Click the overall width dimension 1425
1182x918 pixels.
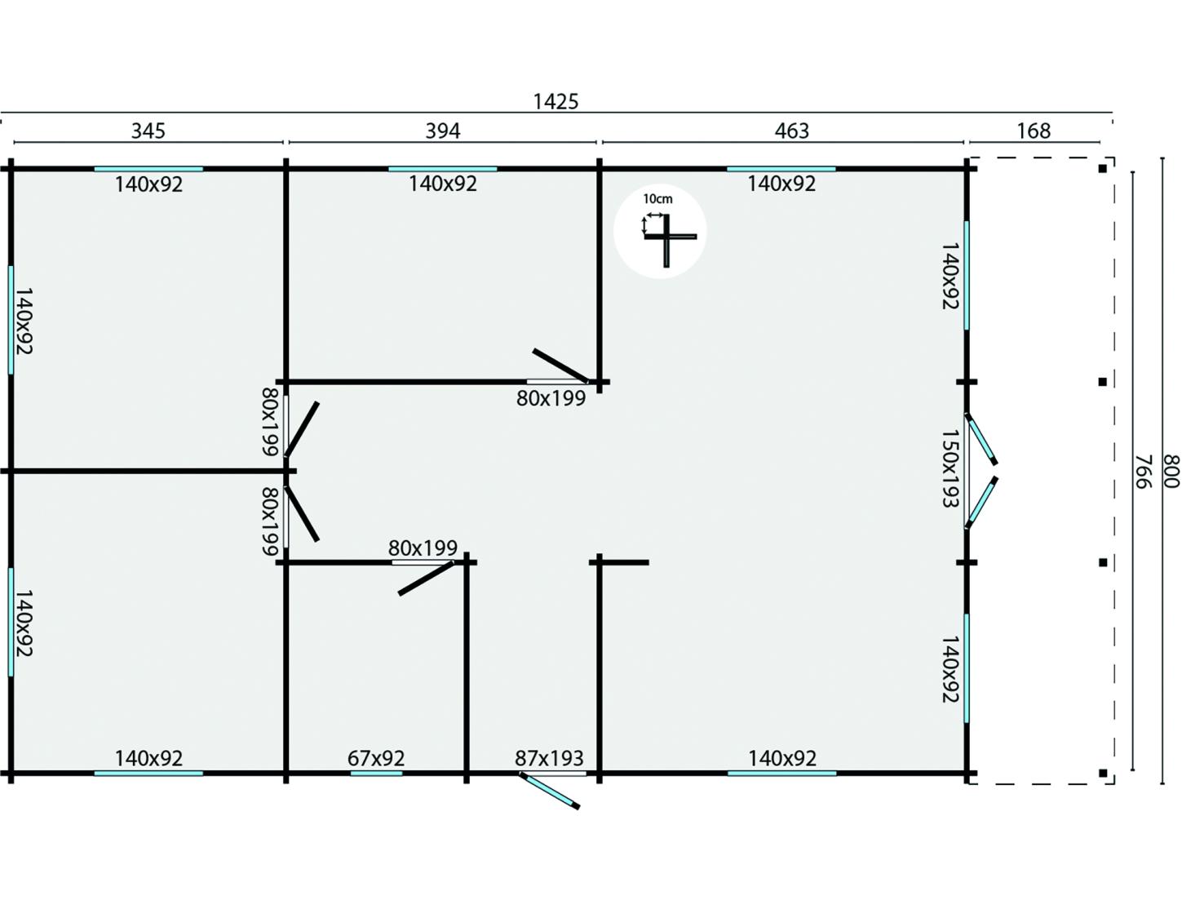[x=556, y=101]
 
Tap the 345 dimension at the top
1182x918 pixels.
[x=148, y=131]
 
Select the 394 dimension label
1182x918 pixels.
[x=442, y=131]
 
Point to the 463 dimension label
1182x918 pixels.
[x=791, y=131]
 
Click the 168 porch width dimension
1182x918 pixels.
[x=1034, y=131]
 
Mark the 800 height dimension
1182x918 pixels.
[x=1171, y=472]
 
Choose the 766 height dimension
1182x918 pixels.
[x=1142, y=472]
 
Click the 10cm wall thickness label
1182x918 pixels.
[x=657, y=199]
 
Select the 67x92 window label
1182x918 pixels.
[x=376, y=758]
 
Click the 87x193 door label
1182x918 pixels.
[x=549, y=758]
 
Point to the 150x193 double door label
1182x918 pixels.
[x=949, y=470]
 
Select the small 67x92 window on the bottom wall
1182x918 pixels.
[x=376, y=773]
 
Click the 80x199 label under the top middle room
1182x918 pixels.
[x=551, y=398]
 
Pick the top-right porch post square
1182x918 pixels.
[x=1102, y=169]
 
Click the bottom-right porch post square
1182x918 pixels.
[x=1102, y=773]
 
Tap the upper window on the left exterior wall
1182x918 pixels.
[x=11, y=319]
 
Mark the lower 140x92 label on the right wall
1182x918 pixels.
[x=950, y=669]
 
